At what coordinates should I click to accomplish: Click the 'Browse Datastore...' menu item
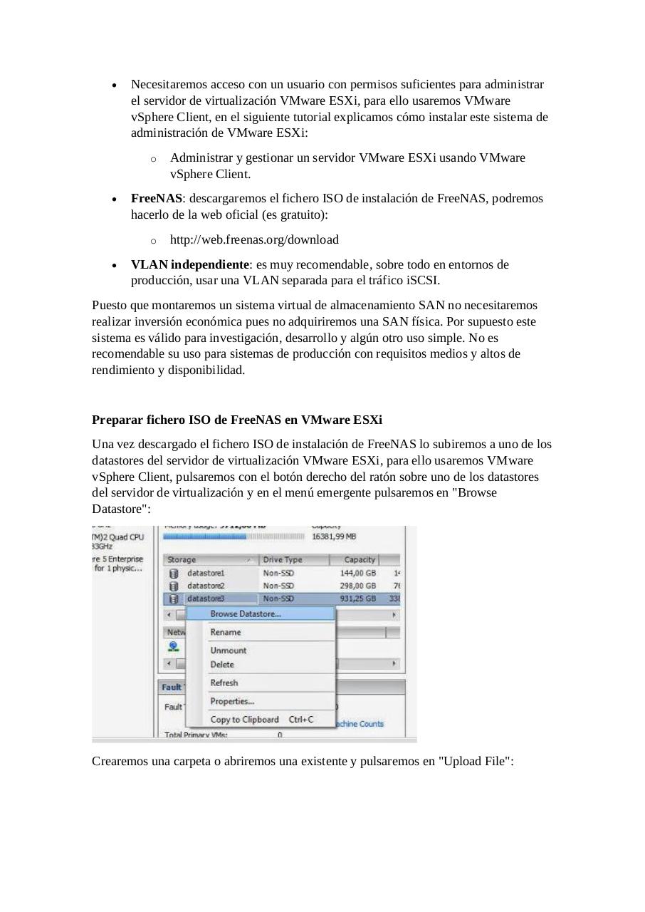coord(245,613)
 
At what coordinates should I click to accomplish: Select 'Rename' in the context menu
coord(225,632)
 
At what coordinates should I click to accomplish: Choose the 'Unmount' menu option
coord(228,651)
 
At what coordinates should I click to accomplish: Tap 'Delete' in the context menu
coord(221,665)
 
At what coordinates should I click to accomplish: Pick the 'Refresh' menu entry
coord(224,683)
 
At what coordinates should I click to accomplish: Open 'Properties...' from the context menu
coord(232,701)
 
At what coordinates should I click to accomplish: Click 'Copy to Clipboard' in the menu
coord(244,720)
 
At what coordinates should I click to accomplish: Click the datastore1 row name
coord(205,573)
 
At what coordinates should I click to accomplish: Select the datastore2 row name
coord(205,586)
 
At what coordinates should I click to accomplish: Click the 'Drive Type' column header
coord(283,560)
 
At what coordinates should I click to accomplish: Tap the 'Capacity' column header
coord(359,560)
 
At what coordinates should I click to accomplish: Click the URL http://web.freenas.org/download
coord(254,239)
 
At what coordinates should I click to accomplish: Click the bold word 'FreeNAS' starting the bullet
coord(156,198)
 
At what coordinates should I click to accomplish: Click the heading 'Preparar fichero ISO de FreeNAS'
coord(236,420)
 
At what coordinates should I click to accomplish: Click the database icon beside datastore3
coord(173,598)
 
